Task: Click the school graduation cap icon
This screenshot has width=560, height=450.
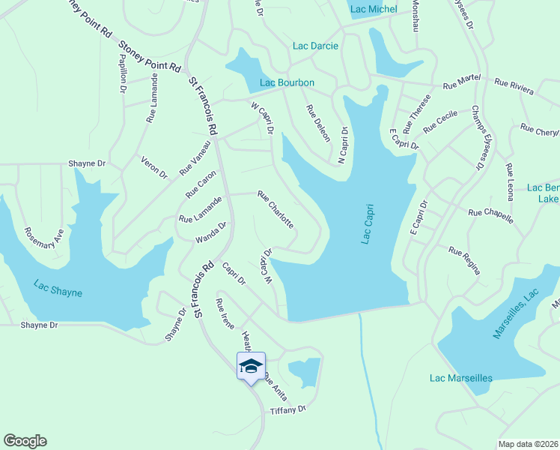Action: click(x=250, y=367)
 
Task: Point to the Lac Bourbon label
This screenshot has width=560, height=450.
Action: click(x=287, y=82)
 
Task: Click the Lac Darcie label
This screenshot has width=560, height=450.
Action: click(x=315, y=46)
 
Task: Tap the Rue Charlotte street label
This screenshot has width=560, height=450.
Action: click(x=275, y=209)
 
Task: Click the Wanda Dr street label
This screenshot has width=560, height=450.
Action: click(x=210, y=232)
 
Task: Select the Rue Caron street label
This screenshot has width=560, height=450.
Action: click(x=201, y=184)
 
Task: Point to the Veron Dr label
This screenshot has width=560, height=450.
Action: click(x=154, y=166)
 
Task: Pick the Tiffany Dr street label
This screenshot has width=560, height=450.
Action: click(x=288, y=409)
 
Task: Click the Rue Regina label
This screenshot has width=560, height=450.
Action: click(x=464, y=260)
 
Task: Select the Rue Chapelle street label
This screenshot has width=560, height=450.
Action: click(x=490, y=216)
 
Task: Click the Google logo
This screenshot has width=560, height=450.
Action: click(x=25, y=441)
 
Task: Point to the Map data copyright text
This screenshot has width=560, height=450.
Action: click(x=526, y=444)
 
